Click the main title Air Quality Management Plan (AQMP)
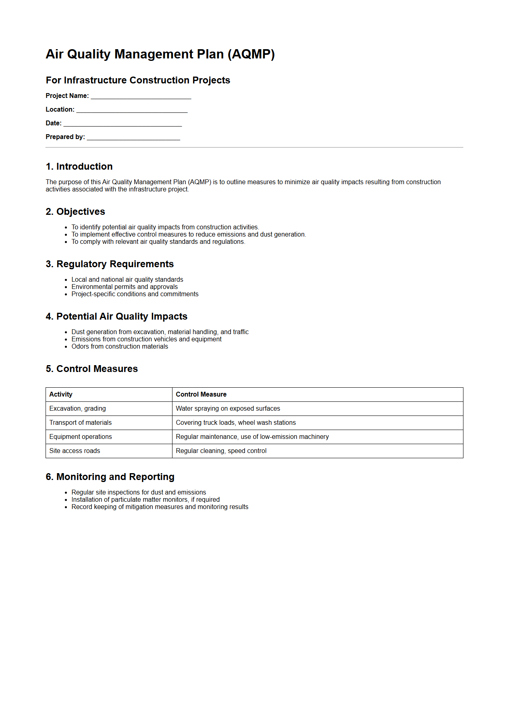(x=160, y=54)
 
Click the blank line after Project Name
(x=141, y=97)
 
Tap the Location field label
(x=60, y=110)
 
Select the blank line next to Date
(x=123, y=124)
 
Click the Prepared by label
(x=65, y=137)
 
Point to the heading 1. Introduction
(x=79, y=166)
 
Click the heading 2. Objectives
(x=75, y=212)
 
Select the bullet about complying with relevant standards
(x=158, y=242)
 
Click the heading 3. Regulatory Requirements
(x=110, y=264)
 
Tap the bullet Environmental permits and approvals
(x=124, y=287)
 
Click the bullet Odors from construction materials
(x=120, y=347)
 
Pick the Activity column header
(x=61, y=395)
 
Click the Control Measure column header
(x=201, y=395)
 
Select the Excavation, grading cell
(x=77, y=409)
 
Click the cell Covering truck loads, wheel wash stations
(x=235, y=423)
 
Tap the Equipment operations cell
(x=80, y=437)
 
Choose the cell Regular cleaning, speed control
(x=221, y=451)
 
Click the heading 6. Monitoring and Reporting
(x=110, y=477)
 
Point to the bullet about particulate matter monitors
(x=145, y=500)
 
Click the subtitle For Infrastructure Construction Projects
(x=138, y=80)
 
